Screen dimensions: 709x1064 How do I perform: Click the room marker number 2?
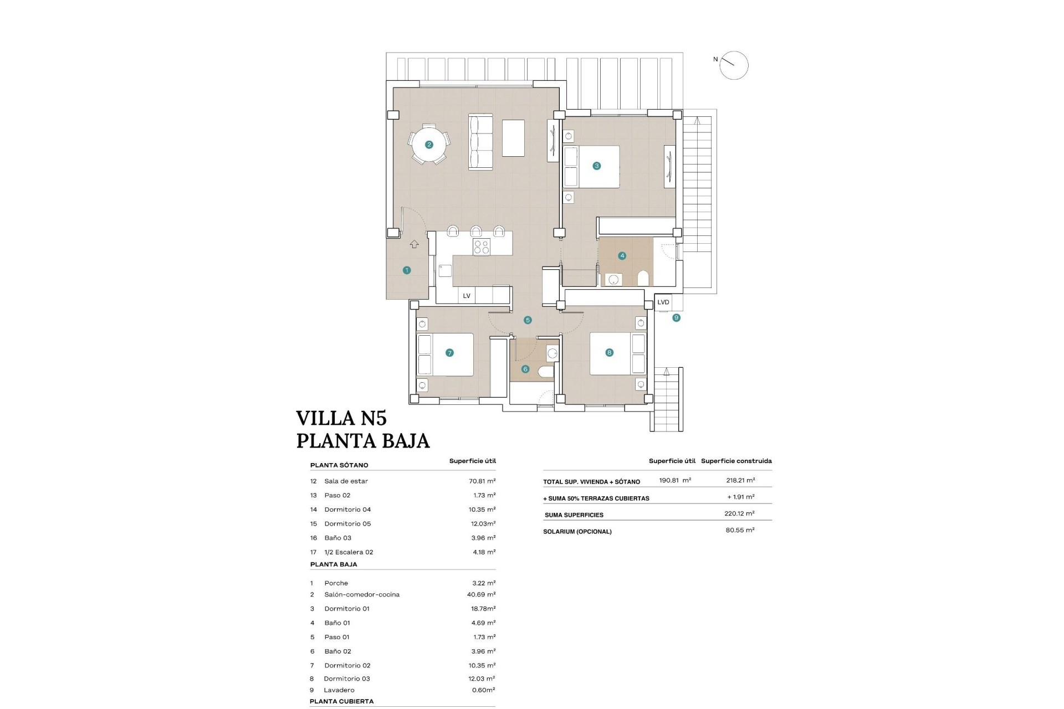pos(428,145)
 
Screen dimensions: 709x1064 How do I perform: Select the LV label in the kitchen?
pos(467,296)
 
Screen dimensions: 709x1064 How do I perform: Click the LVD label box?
pos(663,302)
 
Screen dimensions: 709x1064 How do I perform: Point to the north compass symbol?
pos(734,65)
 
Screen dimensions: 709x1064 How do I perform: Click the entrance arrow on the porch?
pos(414,244)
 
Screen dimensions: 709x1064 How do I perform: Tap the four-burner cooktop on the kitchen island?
pos(481,246)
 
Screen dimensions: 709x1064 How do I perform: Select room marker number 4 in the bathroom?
pos(622,256)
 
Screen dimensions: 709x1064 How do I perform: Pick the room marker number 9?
pos(676,318)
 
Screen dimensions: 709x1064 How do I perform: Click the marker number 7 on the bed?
pos(449,353)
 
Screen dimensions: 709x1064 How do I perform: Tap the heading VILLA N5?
pos(341,418)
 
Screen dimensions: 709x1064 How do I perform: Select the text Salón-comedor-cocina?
pos(362,594)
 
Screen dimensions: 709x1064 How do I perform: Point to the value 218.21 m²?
pos(740,480)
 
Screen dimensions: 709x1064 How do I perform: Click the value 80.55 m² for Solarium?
pos(740,530)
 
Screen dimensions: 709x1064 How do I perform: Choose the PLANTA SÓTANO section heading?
pos(339,465)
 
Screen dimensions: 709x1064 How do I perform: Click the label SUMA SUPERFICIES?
pos(574,515)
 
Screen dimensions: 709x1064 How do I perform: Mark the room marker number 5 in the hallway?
pos(528,320)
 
